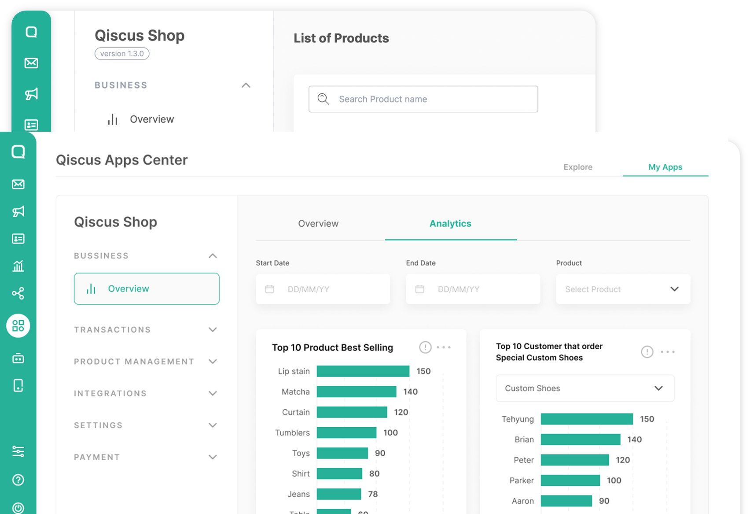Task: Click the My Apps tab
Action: pos(665,167)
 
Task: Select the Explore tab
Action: pos(578,167)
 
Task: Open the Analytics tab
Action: pos(450,223)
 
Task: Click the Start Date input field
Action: pos(323,289)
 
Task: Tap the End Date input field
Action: pos(473,289)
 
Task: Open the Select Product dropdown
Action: pos(623,289)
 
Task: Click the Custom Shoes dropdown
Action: pos(585,388)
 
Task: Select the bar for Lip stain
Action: pos(363,371)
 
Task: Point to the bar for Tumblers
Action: pos(346,433)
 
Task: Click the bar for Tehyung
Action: pos(587,419)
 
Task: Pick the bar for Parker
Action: pos(570,480)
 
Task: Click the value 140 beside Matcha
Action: pos(410,392)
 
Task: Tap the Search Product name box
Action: pos(423,99)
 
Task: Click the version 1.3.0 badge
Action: pos(122,54)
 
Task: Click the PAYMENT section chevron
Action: pos(213,457)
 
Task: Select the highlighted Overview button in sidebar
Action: pos(147,288)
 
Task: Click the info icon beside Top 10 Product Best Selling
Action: pos(425,348)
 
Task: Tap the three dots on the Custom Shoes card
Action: pos(667,352)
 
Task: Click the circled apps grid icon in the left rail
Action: pos(18,326)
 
